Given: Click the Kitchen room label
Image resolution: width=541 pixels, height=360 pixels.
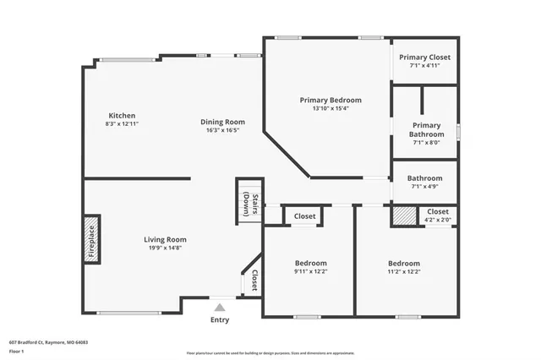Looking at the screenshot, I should (x=122, y=116).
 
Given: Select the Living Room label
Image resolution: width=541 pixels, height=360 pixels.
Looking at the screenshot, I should (x=165, y=239).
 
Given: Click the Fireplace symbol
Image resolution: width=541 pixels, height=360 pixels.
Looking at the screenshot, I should (x=92, y=242).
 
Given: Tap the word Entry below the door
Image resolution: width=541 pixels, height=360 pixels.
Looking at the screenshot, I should (x=219, y=319).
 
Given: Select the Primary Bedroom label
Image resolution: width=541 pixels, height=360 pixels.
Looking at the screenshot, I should (x=331, y=100).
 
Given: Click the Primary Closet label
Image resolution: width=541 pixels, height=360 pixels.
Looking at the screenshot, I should (x=426, y=57).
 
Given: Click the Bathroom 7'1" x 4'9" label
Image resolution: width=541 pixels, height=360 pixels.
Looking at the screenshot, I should (x=424, y=178).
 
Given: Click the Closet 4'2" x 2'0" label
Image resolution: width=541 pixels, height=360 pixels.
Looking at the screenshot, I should (x=438, y=211).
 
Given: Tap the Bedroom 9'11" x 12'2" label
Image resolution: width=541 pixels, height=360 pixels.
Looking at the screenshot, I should (x=310, y=263).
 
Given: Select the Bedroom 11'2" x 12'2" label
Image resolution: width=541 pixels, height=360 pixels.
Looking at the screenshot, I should (x=404, y=263).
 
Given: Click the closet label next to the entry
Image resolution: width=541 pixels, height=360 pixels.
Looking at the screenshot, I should (x=254, y=279).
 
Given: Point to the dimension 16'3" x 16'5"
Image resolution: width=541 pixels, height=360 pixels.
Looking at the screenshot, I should (x=223, y=130).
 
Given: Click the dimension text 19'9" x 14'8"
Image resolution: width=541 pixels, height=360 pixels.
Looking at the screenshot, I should (x=165, y=248).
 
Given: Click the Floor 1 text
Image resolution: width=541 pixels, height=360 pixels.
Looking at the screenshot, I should (x=17, y=351).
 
